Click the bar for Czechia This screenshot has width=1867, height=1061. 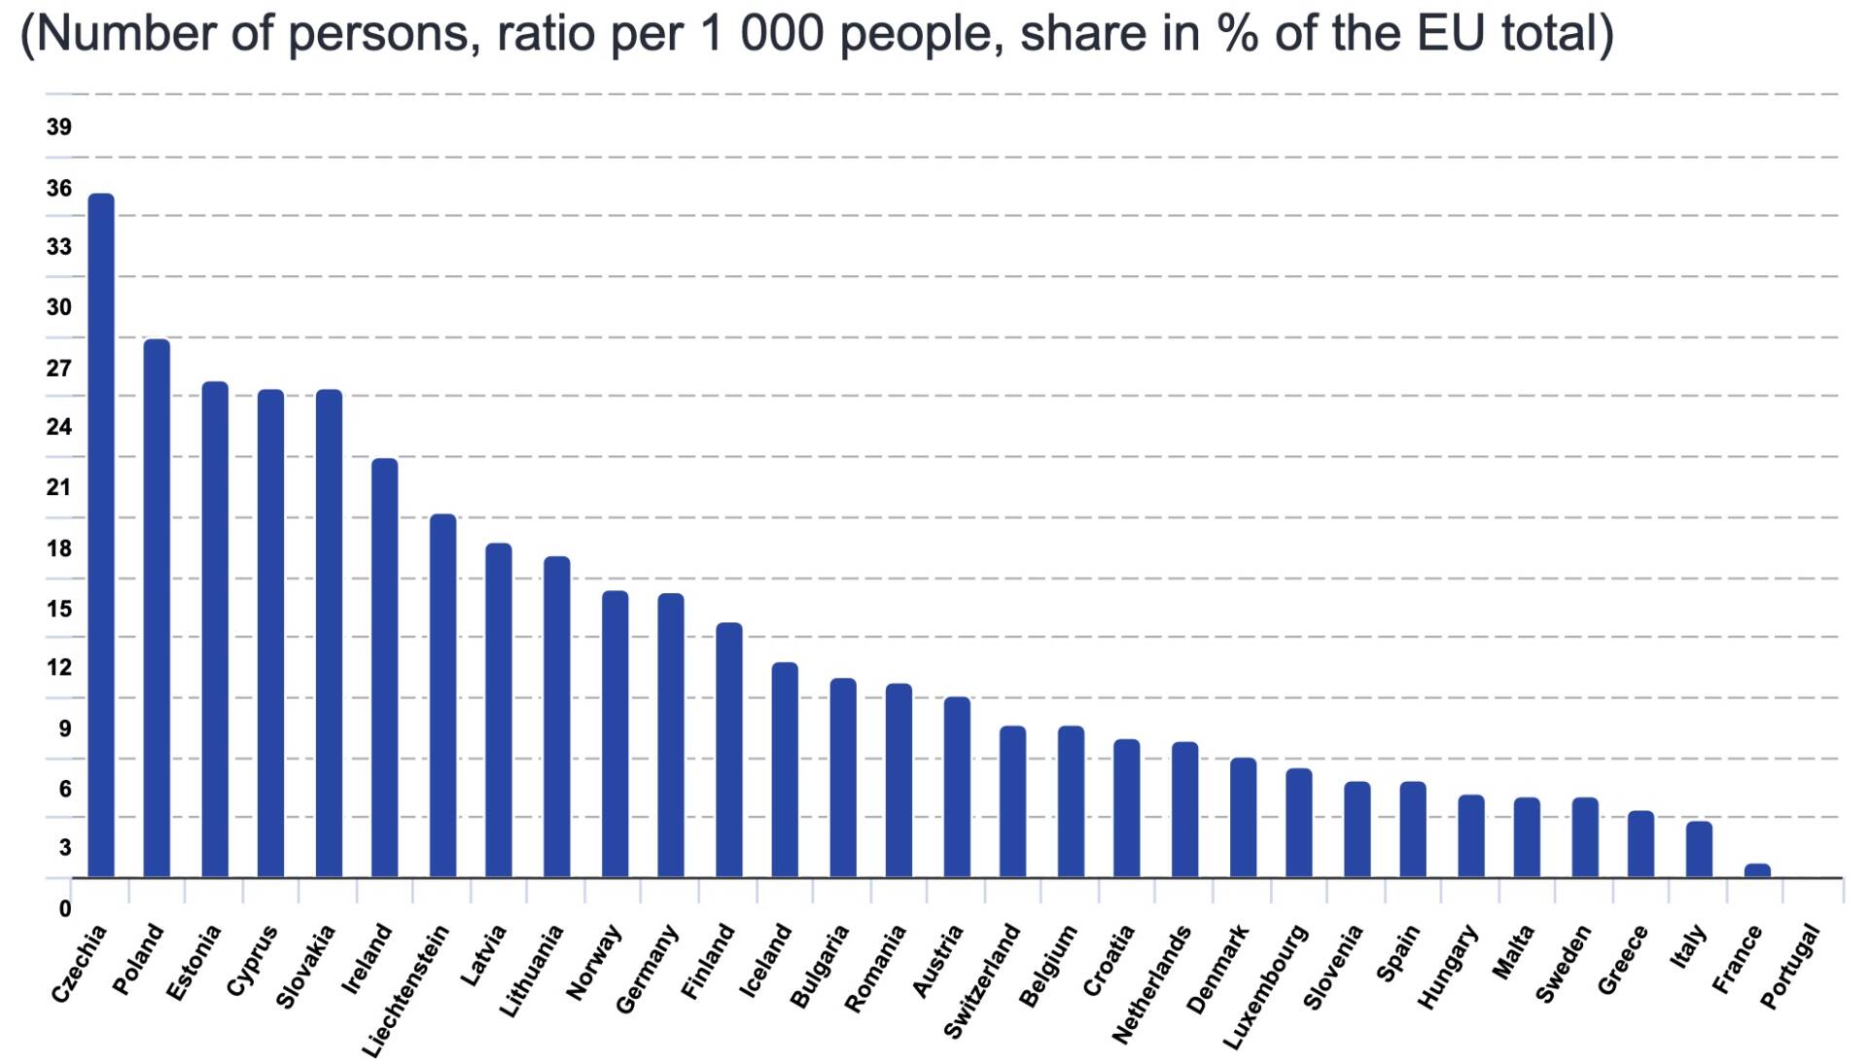coord(101,535)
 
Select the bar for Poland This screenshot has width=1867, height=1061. coord(157,608)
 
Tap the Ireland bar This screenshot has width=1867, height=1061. coord(385,667)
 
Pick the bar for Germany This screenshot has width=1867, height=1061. coord(671,735)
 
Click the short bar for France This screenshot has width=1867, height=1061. coord(1757,870)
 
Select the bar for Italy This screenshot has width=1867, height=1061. coord(1699,849)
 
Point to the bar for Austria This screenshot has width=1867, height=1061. coord(957,787)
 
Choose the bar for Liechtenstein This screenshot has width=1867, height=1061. coord(442,695)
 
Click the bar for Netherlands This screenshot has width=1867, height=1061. coord(1184,809)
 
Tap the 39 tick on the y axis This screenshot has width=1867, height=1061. coord(58,126)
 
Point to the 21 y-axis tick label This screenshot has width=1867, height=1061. coord(58,487)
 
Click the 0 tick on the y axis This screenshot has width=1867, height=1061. coord(65,908)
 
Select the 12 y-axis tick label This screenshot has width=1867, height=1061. coord(58,667)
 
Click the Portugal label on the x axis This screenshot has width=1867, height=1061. coord(1790,968)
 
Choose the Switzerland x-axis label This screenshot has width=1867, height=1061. coord(982,980)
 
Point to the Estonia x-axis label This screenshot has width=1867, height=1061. coord(194,963)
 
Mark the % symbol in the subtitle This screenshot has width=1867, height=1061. coord(1234,34)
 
